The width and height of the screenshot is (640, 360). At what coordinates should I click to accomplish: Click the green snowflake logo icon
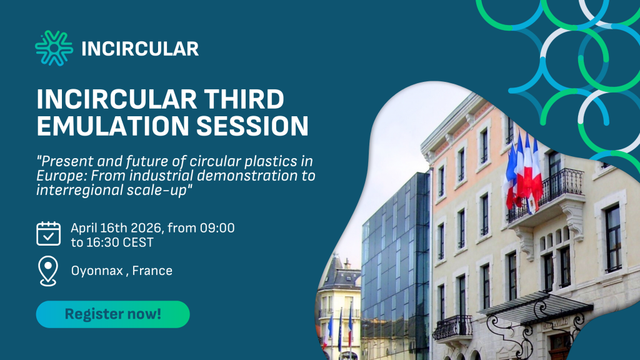[54, 48]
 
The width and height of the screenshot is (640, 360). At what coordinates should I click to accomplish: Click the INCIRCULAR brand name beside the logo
[140, 49]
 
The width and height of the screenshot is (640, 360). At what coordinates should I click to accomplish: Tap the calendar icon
[48, 234]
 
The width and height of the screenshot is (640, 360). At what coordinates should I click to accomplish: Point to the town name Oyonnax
[96, 271]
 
